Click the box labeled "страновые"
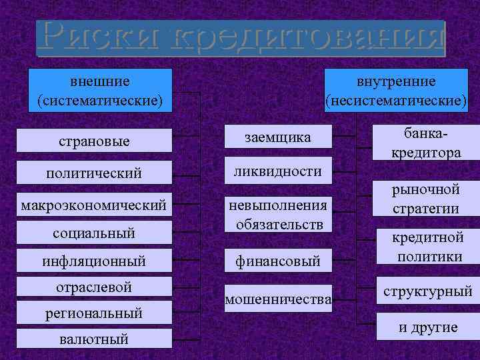coord(93,141)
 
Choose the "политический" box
coord(93,173)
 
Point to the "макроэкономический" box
coord(93,202)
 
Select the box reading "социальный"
coord(93,232)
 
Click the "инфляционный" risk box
coord(93,261)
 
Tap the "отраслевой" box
coord(93,287)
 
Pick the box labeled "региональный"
coord(93,312)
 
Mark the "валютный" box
coord(93,339)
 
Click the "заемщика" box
coord(277,137)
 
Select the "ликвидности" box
coord(277,171)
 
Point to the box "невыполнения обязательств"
coord(277,214)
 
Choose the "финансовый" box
coord(277,261)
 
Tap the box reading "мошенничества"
coord(277,300)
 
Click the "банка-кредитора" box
coord(427,143)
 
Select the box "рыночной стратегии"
coord(427,199)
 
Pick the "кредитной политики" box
coord(427,247)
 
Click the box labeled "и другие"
coord(427,327)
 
